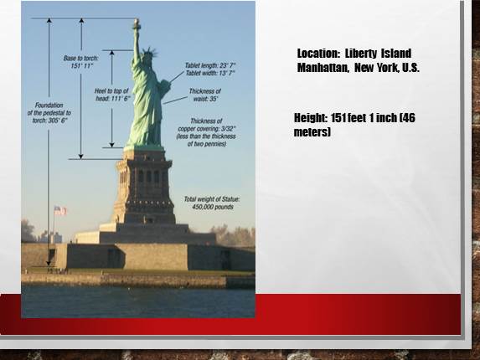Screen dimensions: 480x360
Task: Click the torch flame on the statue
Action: point(137,22)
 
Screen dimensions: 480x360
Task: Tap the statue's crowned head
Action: point(149,55)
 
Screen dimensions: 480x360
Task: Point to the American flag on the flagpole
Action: point(60,210)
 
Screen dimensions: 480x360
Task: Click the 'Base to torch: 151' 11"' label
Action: point(80,62)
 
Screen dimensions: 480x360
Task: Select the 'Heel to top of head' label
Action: point(112,95)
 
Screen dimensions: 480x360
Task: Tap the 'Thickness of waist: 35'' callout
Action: point(205,95)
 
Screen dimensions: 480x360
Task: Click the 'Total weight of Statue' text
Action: point(212,203)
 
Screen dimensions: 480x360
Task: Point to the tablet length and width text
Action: point(210,69)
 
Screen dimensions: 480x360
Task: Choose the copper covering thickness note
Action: point(206,132)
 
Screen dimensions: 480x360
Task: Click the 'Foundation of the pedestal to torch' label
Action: point(49,112)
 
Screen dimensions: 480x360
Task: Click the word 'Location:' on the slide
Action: point(318,54)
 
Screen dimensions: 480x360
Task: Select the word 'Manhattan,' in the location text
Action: point(323,67)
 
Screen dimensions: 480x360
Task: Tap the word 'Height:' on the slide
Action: point(311,118)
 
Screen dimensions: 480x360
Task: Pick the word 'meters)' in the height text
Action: point(312,131)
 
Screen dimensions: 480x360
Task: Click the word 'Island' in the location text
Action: point(396,54)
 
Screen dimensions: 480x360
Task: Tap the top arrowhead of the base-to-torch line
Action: point(81,20)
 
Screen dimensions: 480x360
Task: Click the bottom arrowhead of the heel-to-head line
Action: point(111,145)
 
